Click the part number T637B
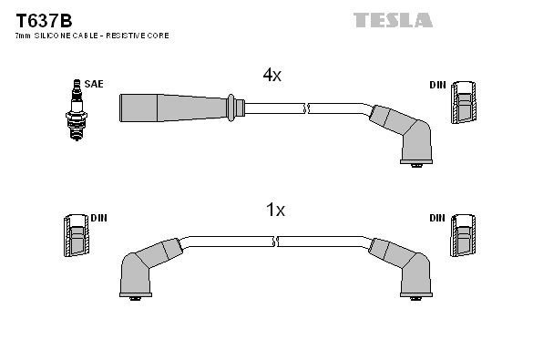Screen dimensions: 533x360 [x=44, y=21]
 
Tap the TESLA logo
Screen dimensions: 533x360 [x=393, y=20]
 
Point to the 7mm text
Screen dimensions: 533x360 [x=23, y=36]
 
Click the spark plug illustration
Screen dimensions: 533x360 [x=77, y=109]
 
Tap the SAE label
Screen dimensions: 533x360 [x=94, y=84]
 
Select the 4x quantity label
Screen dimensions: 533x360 [x=272, y=75]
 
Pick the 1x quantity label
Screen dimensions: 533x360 [x=275, y=210]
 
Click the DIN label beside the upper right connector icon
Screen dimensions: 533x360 [x=437, y=85]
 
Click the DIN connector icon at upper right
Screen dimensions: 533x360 [x=464, y=102]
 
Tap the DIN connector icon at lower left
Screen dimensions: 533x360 [x=77, y=235]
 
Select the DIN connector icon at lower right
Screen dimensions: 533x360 [x=463, y=235]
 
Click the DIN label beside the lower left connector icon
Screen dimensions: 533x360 [x=99, y=218]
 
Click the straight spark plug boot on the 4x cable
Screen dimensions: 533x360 [x=182, y=108]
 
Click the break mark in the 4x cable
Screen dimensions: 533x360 [x=307, y=108]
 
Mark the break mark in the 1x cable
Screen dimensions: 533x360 [x=276, y=242]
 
